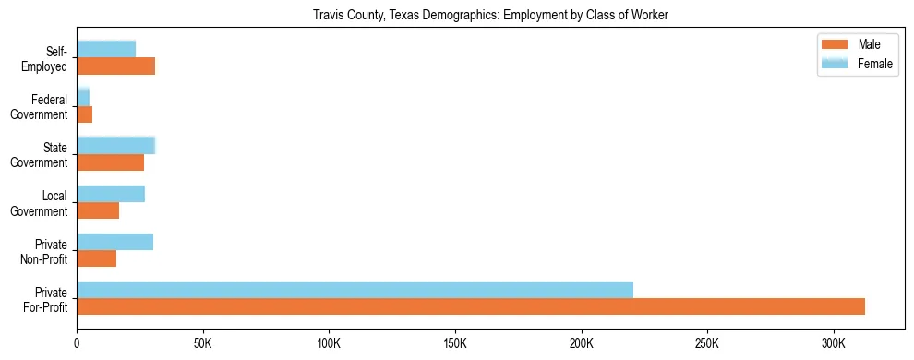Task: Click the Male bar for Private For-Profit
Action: tap(471, 306)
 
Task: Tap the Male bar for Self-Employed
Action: tap(115, 66)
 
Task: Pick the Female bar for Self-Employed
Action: tap(106, 49)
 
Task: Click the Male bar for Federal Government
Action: tap(84, 114)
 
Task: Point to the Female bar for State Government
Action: tap(115, 145)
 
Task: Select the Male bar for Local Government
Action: tap(98, 210)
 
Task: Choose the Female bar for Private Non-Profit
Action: tap(114, 242)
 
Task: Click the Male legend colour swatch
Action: tap(835, 44)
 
